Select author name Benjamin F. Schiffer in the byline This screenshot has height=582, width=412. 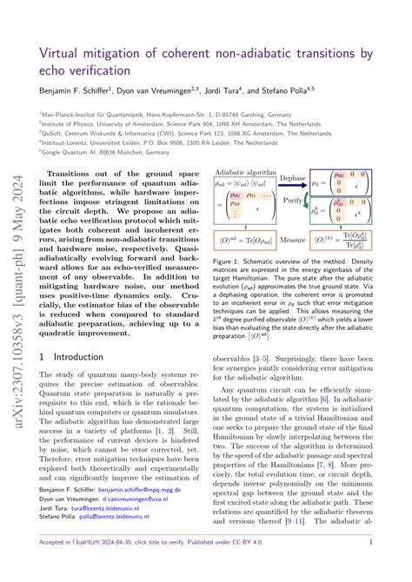point(76,89)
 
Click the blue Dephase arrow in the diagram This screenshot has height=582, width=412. point(292,190)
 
